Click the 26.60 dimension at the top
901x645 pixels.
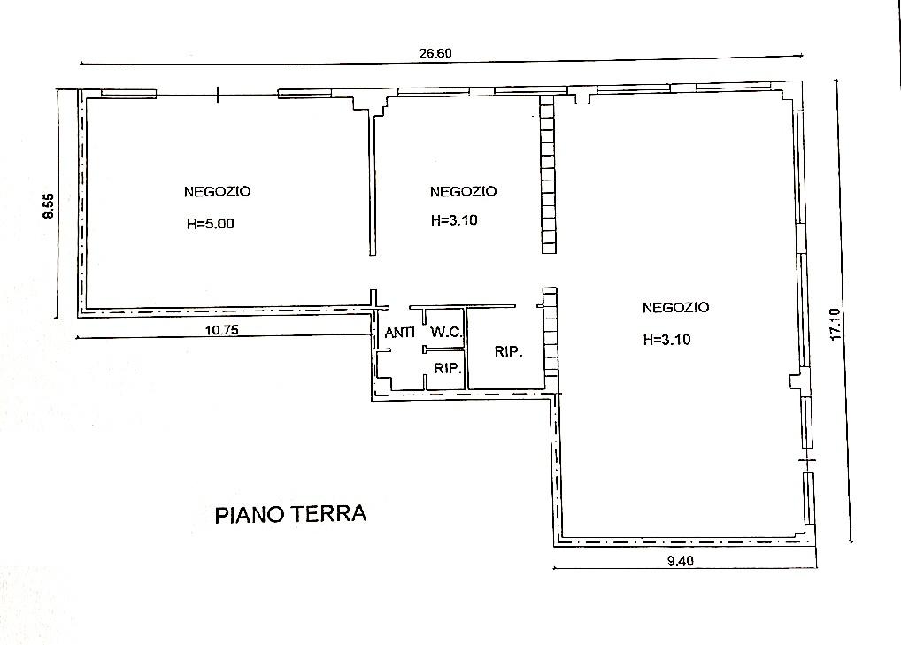coord(435,53)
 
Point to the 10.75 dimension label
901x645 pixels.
coord(222,329)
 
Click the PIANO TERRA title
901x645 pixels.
coord(290,515)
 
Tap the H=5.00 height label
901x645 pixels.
coord(211,224)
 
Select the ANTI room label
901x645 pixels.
coord(400,333)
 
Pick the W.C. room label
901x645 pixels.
coord(445,333)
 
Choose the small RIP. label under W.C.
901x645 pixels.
coord(447,369)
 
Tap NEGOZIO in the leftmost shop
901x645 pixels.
coord(218,191)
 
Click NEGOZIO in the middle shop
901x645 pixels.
coord(463,191)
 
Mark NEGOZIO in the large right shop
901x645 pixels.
coord(675,308)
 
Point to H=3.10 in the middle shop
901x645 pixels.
coord(454,221)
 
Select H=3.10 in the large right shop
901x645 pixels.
coord(666,339)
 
